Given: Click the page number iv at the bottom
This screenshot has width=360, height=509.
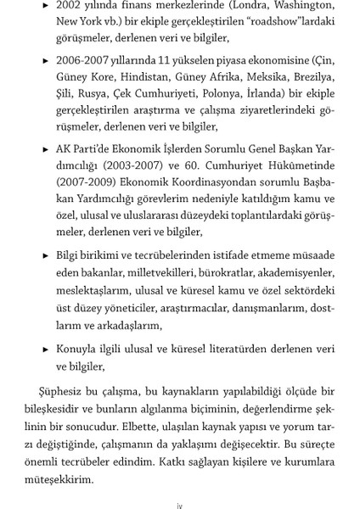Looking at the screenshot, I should (179, 504).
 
